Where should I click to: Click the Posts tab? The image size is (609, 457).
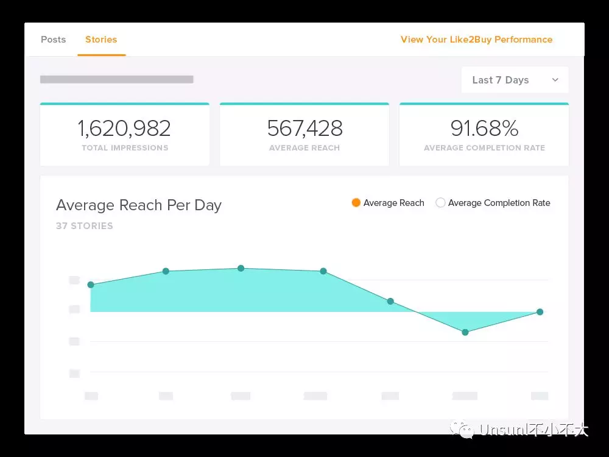pyautogui.click(x=53, y=40)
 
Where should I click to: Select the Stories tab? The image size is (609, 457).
pyautogui.click(x=101, y=40)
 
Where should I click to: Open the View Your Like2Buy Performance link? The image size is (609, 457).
pyautogui.click(x=476, y=40)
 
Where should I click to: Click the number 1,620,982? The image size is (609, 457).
pyautogui.click(x=124, y=128)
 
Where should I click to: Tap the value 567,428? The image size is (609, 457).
pyautogui.click(x=304, y=128)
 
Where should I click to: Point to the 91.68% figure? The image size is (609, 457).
pyautogui.click(x=484, y=128)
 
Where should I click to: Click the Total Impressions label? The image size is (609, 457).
pyautogui.click(x=125, y=148)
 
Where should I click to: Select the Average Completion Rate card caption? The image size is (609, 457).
pyautogui.click(x=484, y=148)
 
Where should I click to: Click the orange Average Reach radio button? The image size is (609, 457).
pyautogui.click(x=356, y=203)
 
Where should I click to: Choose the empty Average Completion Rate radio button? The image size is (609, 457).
pyautogui.click(x=440, y=203)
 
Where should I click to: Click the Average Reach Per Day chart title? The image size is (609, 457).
pyautogui.click(x=138, y=205)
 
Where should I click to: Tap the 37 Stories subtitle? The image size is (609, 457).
pyautogui.click(x=85, y=226)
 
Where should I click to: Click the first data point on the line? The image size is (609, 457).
pyautogui.click(x=91, y=285)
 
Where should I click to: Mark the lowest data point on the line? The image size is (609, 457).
pyautogui.click(x=465, y=332)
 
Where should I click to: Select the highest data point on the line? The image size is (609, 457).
pyautogui.click(x=241, y=268)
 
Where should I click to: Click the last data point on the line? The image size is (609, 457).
pyautogui.click(x=540, y=312)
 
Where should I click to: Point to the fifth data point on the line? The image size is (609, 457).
pyautogui.click(x=390, y=301)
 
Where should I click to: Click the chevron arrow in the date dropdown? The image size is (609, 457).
pyautogui.click(x=555, y=80)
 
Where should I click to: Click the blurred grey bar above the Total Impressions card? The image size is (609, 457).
pyautogui.click(x=116, y=79)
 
